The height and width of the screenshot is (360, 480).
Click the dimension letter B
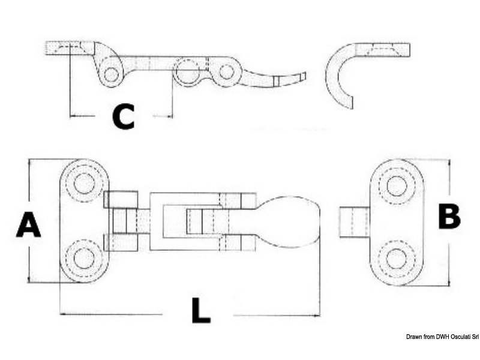point(449,217)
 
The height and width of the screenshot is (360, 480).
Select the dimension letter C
point(124,116)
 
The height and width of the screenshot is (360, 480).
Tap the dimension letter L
point(201,310)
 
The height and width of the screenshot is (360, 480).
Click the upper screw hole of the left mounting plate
point(84,184)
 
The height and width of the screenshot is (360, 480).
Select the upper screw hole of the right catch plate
point(397,186)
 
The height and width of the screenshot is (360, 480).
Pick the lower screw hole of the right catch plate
point(397,259)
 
